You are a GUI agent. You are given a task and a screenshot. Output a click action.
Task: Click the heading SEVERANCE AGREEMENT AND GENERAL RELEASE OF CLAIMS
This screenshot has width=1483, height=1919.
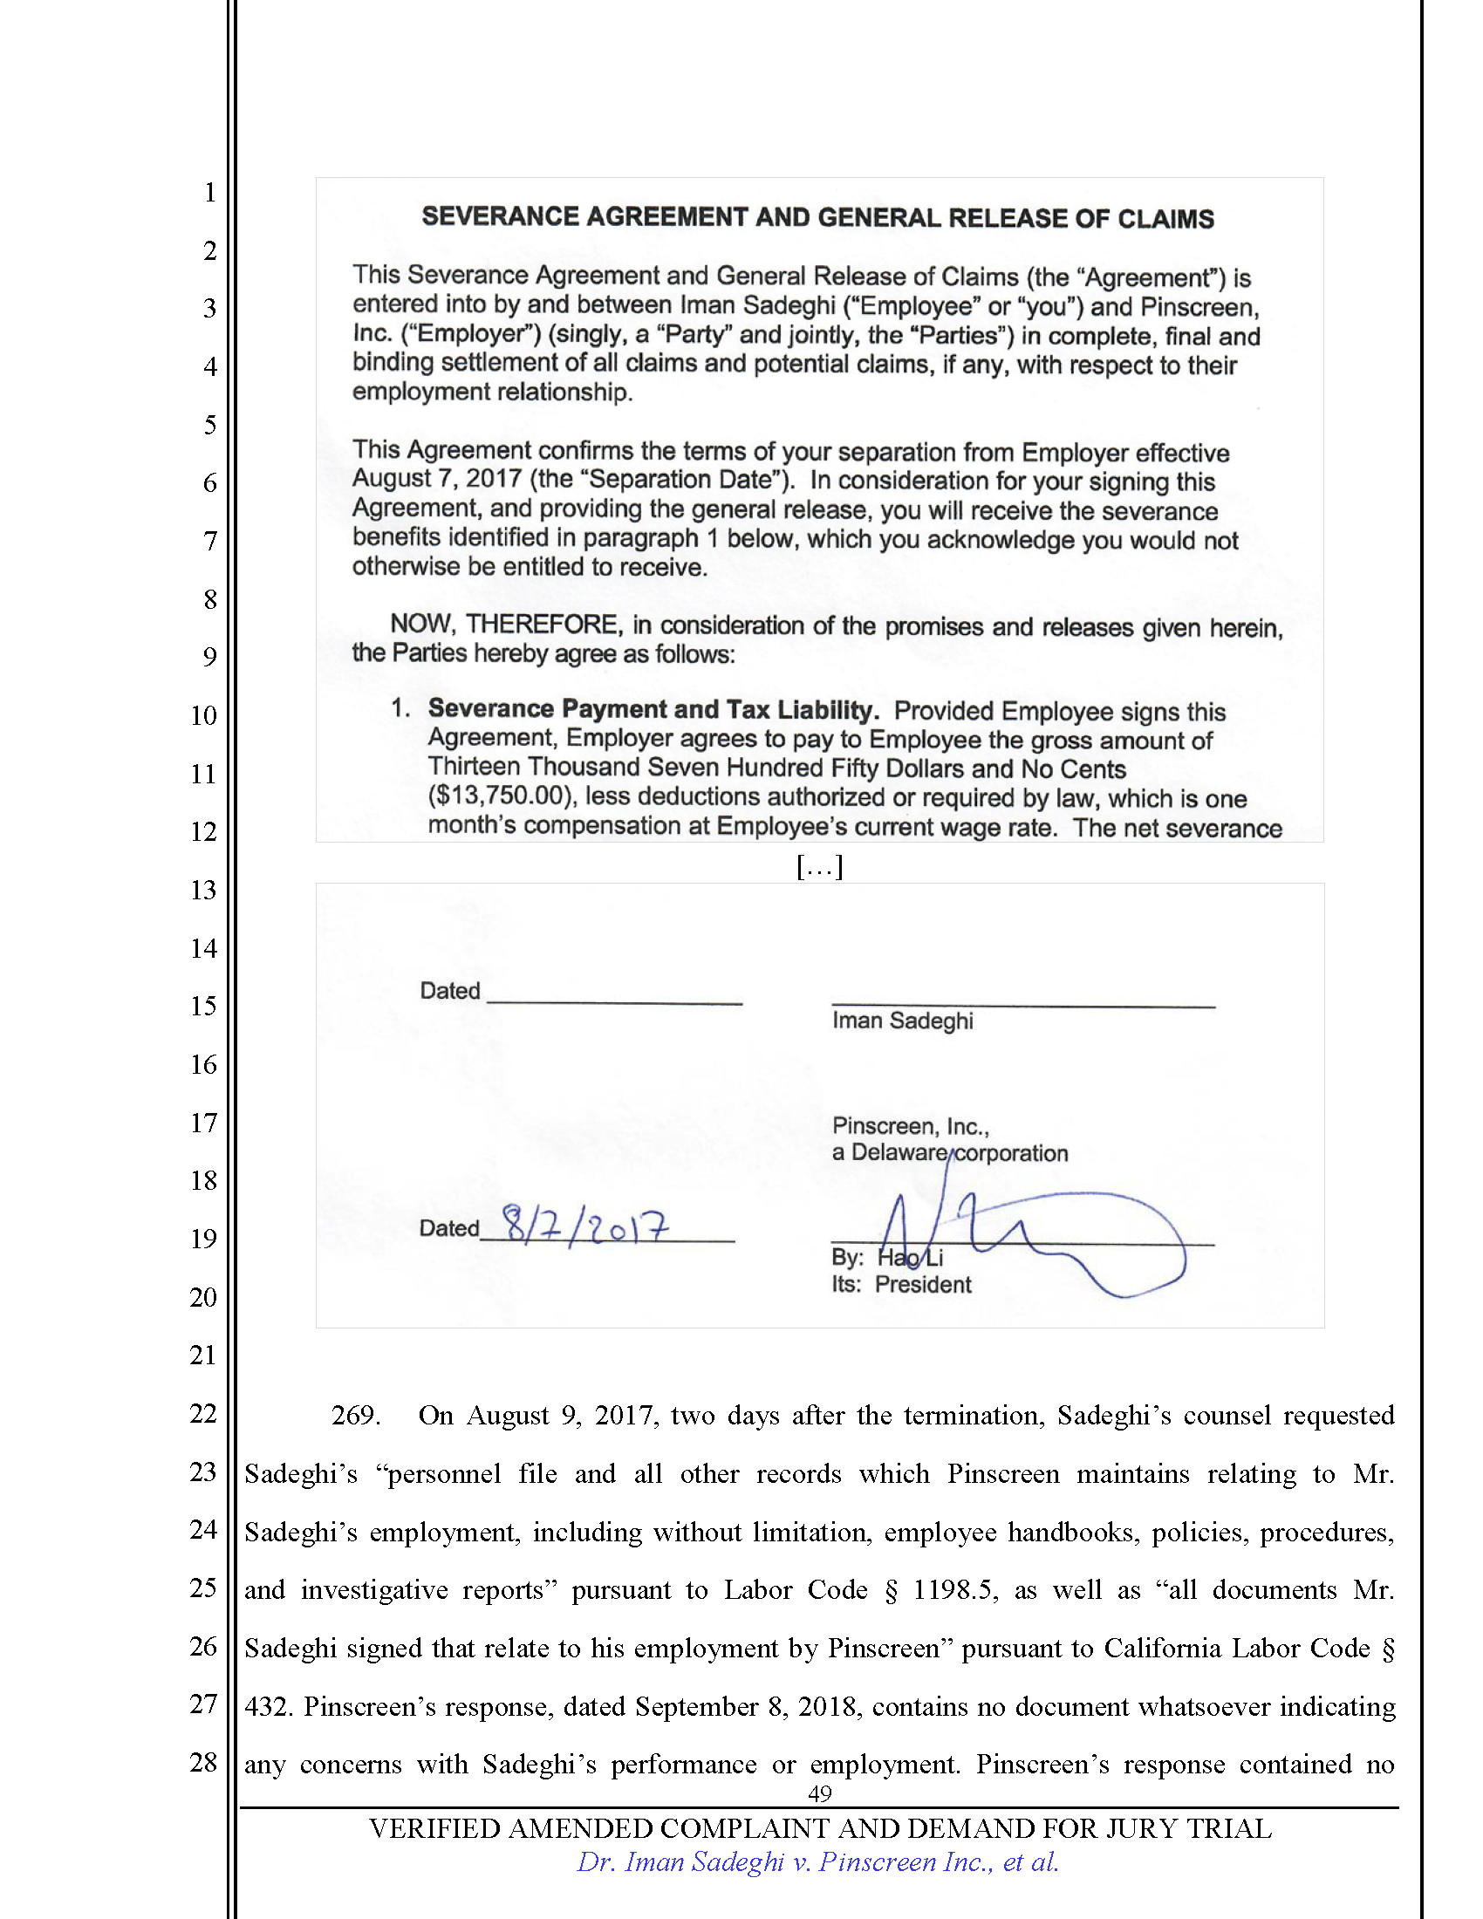(x=817, y=217)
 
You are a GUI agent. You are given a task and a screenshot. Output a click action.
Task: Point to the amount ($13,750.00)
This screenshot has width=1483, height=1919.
(x=502, y=796)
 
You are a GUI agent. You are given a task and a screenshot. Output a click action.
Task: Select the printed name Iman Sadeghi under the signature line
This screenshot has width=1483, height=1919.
(x=902, y=1021)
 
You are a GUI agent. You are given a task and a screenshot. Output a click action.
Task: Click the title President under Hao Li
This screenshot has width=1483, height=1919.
(x=922, y=1285)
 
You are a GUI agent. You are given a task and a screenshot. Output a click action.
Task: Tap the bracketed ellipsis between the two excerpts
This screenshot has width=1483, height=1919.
(x=819, y=867)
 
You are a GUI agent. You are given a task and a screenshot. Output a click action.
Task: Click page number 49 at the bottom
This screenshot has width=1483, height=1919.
(x=819, y=1793)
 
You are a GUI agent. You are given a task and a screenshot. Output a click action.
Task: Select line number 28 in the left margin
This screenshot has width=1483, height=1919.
(x=203, y=1762)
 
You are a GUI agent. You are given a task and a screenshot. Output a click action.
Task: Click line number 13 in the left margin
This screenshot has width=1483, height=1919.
(x=203, y=890)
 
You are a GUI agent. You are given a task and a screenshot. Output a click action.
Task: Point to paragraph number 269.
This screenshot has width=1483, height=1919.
(x=355, y=1416)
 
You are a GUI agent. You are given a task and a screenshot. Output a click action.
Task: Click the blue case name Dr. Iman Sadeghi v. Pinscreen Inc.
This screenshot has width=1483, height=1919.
(x=817, y=1861)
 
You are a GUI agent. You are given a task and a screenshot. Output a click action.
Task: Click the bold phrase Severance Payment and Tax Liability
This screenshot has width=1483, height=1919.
(x=653, y=709)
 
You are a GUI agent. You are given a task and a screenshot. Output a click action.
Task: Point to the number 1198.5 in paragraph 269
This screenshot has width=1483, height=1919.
(x=953, y=1589)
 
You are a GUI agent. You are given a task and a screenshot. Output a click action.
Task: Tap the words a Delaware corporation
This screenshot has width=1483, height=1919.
(x=950, y=1153)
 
